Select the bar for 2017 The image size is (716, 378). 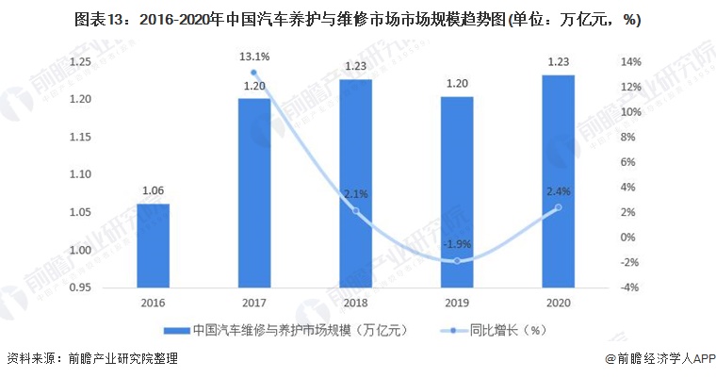(253, 192)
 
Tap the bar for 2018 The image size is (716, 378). (355, 183)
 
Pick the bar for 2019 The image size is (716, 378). (457, 192)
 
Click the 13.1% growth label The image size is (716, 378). (254, 57)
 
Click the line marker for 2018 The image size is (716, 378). (355, 210)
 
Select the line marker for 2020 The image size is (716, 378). (558, 207)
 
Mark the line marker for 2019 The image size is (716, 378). (457, 260)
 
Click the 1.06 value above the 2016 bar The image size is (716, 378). (153, 189)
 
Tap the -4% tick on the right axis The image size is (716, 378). (630, 288)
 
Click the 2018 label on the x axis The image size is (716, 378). (355, 304)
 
